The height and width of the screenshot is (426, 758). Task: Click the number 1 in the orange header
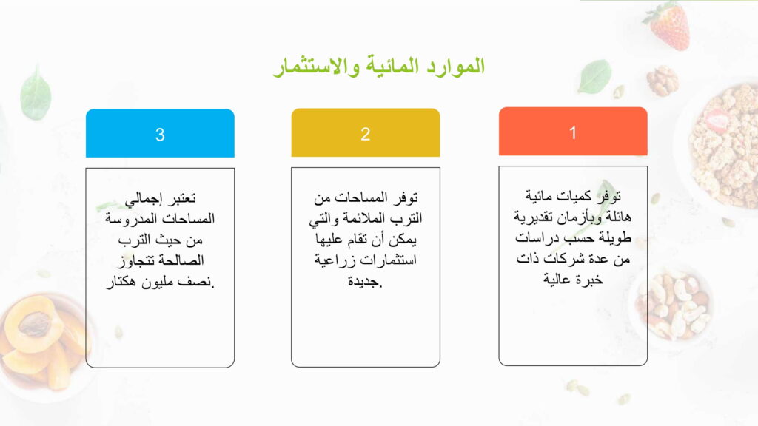573,132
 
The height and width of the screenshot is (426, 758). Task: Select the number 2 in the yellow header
366,134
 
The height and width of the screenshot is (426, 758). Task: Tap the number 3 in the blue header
160,135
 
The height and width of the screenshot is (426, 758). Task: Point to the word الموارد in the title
456,66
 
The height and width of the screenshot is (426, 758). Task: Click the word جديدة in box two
365,281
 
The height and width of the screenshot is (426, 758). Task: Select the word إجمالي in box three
143,198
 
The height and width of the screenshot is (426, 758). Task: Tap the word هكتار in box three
121,282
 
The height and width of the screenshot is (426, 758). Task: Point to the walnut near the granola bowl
663,81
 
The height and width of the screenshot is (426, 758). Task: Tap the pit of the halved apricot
35,324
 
